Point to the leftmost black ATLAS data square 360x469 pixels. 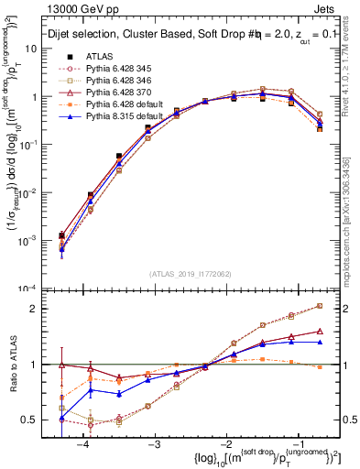point(61,235)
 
